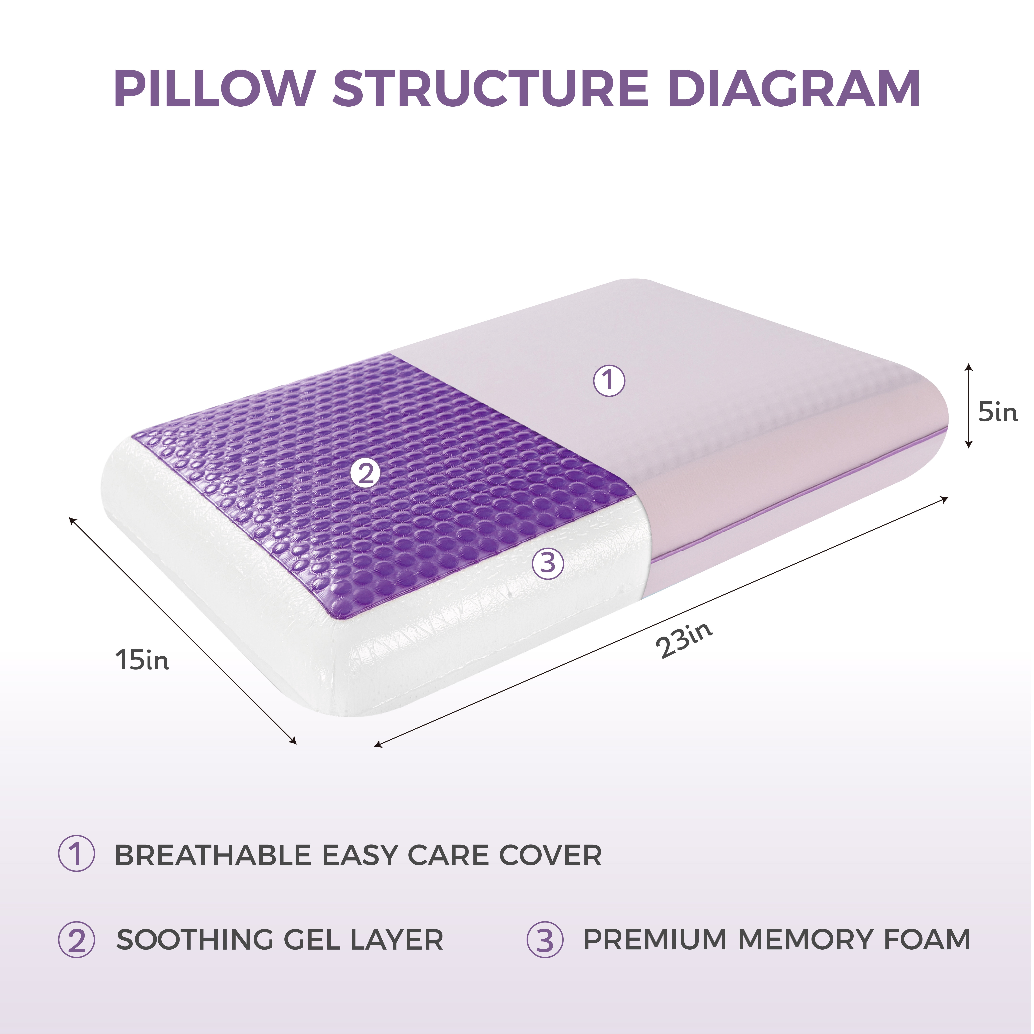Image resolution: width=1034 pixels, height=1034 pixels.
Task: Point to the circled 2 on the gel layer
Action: pyautogui.click(x=365, y=473)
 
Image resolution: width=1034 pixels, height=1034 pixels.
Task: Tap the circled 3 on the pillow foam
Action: pyautogui.click(x=548, y=563)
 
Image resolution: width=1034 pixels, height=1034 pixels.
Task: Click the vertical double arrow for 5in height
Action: pyautogui.click(x=968, y=405)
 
